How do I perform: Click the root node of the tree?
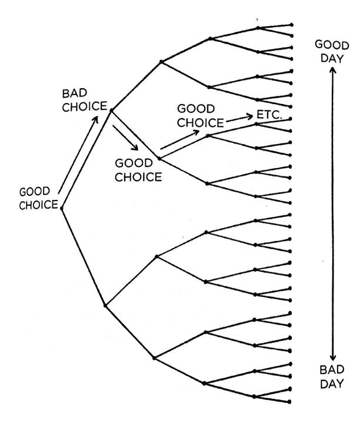[x=62, y=208]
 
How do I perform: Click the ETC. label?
[x=269, y=115]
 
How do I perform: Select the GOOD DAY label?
[x=331, y=51]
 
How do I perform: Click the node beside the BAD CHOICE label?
[x=111, y=110]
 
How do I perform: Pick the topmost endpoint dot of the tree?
[x=292, y=25]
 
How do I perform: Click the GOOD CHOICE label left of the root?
[x=39, y=198]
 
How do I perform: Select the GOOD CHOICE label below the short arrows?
[x=139, y=169]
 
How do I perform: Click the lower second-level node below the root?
[x=105, y=305]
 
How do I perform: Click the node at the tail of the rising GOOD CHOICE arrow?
[x=159, y=158]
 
